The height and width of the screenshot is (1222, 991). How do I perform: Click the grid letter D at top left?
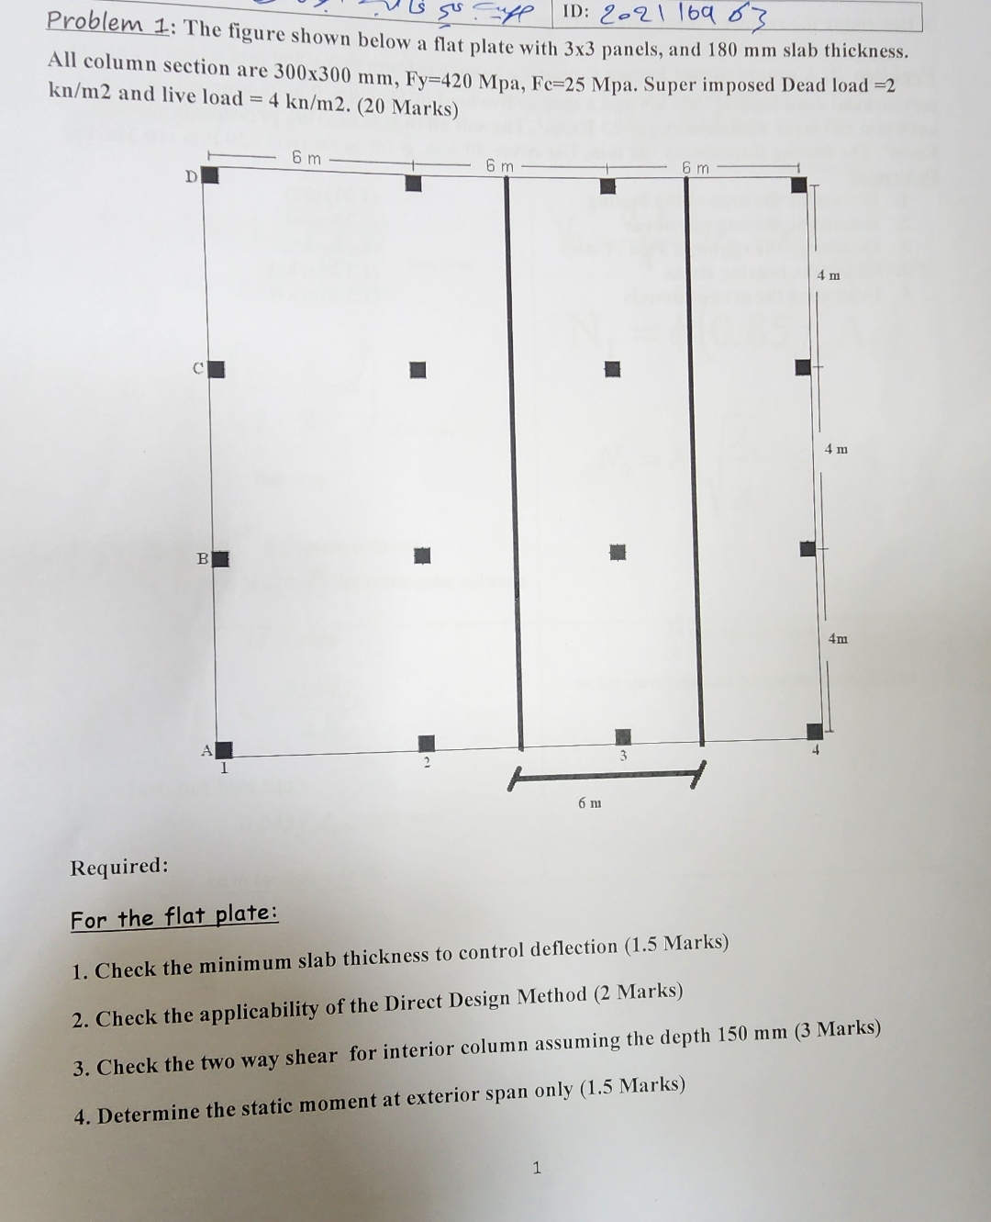(x=191, y=176)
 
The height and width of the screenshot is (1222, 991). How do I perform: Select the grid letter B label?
(x=202, y=557)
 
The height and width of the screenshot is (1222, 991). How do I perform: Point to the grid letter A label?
(x=206, y=750)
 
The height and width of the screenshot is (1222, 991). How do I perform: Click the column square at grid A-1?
(x=224, y=750)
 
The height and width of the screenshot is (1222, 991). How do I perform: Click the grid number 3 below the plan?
(x=622, y=757)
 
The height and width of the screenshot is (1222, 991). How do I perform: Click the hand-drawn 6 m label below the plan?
(x=590, y=802)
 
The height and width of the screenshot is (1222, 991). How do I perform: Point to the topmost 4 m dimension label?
(x=829, y=275)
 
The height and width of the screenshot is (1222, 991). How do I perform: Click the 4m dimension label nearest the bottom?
(x=838, y=638)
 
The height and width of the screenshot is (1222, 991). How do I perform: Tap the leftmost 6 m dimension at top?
(x=306, y=158)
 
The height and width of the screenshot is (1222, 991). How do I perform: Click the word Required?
(x=119, y=866)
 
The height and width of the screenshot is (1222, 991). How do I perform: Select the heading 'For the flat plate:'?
(x=174, y=916)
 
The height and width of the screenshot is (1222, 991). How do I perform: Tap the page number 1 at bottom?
(x=537, y=1168)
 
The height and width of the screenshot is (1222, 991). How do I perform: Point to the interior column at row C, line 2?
(x=418, y=369)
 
